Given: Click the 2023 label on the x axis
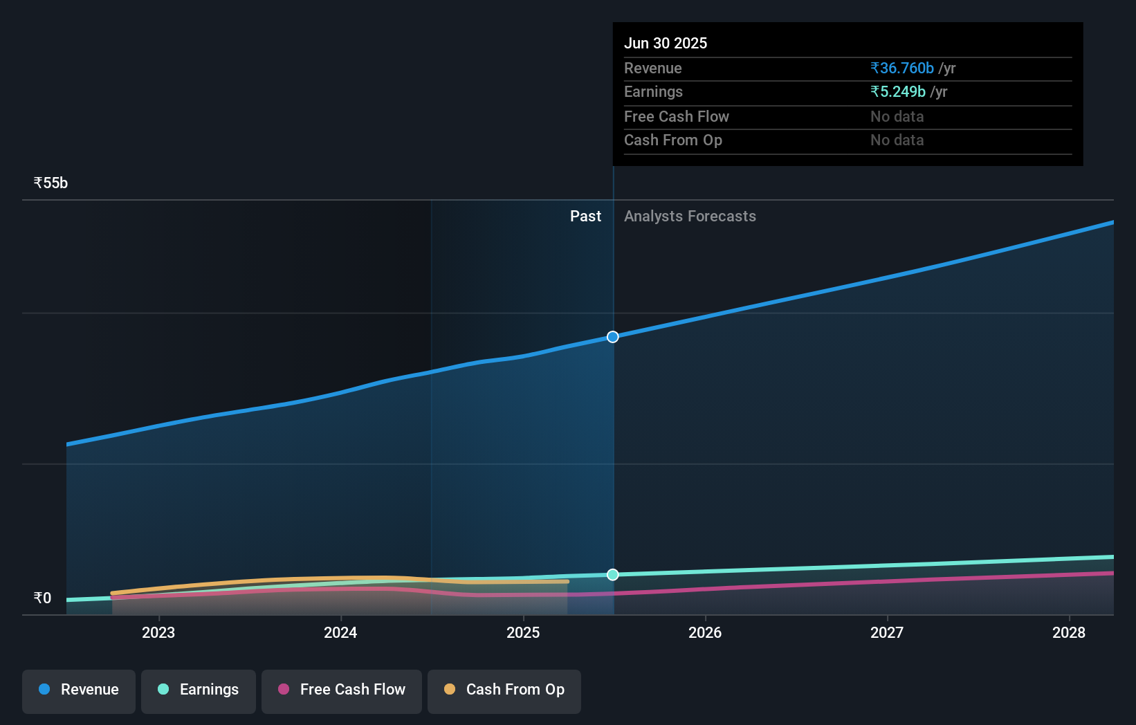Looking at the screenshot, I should pos(158,632).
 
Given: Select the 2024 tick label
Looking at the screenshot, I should pos(340,632).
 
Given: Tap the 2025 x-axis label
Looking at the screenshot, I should pos(523,632).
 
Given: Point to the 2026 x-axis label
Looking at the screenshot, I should pos(705,632).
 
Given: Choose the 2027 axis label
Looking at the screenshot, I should pos(887,632).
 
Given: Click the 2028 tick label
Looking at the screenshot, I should pos(1069,632).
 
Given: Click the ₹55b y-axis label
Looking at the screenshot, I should pos(51,183).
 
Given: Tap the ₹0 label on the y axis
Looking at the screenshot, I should pos(42,598).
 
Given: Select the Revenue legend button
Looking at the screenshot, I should pos(79,690).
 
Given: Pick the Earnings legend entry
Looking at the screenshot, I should pos(199,690).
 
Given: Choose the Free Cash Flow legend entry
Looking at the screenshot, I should pos(342,690).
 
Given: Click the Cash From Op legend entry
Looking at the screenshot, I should pos(504,690).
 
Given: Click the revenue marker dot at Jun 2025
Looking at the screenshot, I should pos(613,337).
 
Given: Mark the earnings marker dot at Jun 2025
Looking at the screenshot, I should pos(613,575).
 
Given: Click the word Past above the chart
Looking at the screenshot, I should pos(585,217).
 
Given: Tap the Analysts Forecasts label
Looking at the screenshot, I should pos(690,217).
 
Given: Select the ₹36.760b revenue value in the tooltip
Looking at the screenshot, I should pos(902,68).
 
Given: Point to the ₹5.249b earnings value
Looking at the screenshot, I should pos(898,92).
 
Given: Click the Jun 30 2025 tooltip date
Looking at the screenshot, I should pos(666,44).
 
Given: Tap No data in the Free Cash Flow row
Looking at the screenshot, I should pos(897,117).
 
